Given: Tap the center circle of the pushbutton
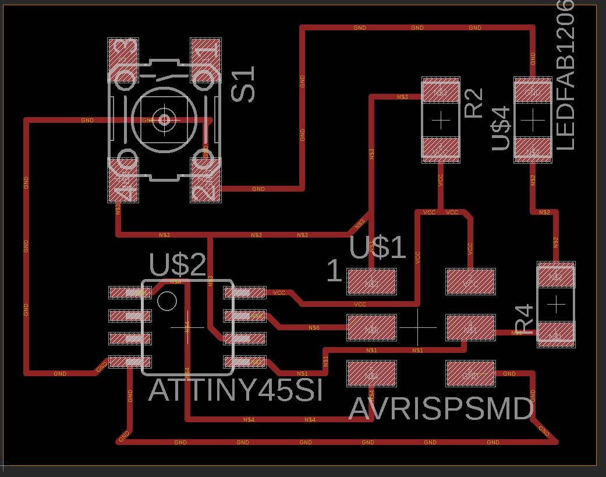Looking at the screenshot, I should pos(164,120).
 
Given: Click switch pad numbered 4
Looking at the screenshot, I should pos(123,181).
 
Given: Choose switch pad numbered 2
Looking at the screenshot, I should pos(206,181).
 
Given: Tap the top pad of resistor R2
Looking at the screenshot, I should pos(441,91).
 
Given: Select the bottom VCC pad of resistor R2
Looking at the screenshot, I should pos(441,149).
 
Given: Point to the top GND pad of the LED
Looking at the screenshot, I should pos(533,91).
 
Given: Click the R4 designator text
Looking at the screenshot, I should pos(524,319).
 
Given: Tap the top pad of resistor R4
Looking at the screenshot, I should pos(556,276).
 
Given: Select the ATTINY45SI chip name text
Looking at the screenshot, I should pos(235,390).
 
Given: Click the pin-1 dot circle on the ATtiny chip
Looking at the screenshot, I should pos(168,301).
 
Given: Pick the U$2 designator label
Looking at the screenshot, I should pos(178,265).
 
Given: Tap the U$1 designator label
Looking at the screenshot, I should pos(377,248).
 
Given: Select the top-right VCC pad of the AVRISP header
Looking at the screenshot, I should pos(470,282).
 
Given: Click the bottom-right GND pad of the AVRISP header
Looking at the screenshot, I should pos(470,374).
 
